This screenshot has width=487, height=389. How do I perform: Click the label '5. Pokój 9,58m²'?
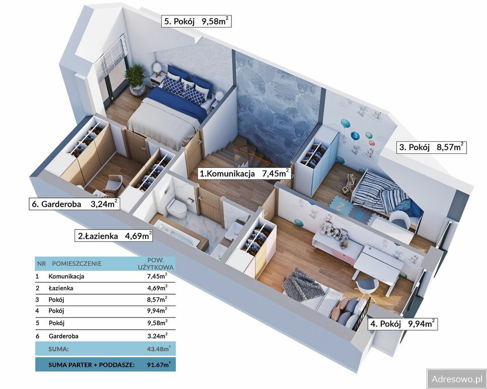196,21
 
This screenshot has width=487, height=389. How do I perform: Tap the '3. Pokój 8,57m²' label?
431,147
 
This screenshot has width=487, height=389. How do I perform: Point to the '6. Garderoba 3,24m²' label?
74,204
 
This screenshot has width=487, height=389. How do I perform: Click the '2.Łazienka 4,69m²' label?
114,236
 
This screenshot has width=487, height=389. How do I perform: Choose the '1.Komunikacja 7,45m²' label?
244,173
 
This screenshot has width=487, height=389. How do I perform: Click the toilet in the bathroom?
176,207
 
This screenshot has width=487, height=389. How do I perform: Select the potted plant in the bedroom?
136,80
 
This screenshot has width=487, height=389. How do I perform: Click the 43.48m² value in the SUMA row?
158,349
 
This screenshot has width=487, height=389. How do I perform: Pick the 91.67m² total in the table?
158,365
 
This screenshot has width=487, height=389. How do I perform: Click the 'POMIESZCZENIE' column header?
77,263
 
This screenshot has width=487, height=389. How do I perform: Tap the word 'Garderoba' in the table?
63,336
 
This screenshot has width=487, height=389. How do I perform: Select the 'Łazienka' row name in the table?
61,288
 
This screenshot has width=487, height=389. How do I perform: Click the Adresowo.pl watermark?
457,379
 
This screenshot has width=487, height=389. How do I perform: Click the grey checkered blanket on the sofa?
302,285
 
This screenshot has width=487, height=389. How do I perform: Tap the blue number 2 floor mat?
340,206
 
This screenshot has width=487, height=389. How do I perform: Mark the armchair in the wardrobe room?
114,185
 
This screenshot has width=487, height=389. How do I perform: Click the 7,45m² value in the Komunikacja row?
157,276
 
